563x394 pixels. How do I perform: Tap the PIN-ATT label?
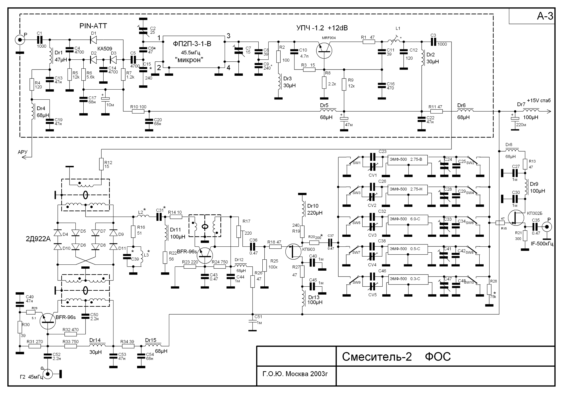tap(93, 26)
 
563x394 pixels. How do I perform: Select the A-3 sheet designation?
tap(545, 16)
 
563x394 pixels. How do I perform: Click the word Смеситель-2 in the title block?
tap(377, 357)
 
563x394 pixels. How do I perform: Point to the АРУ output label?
tap(23, 152)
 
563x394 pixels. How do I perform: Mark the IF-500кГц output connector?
tap(547, 227)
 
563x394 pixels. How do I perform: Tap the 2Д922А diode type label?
tap(38, 239)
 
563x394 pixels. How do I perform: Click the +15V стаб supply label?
tap(539, 101)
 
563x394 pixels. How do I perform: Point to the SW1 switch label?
tap(357, 163)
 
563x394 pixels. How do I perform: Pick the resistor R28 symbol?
tap(489, 290)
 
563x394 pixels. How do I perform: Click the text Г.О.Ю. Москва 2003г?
tap(295, 374)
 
